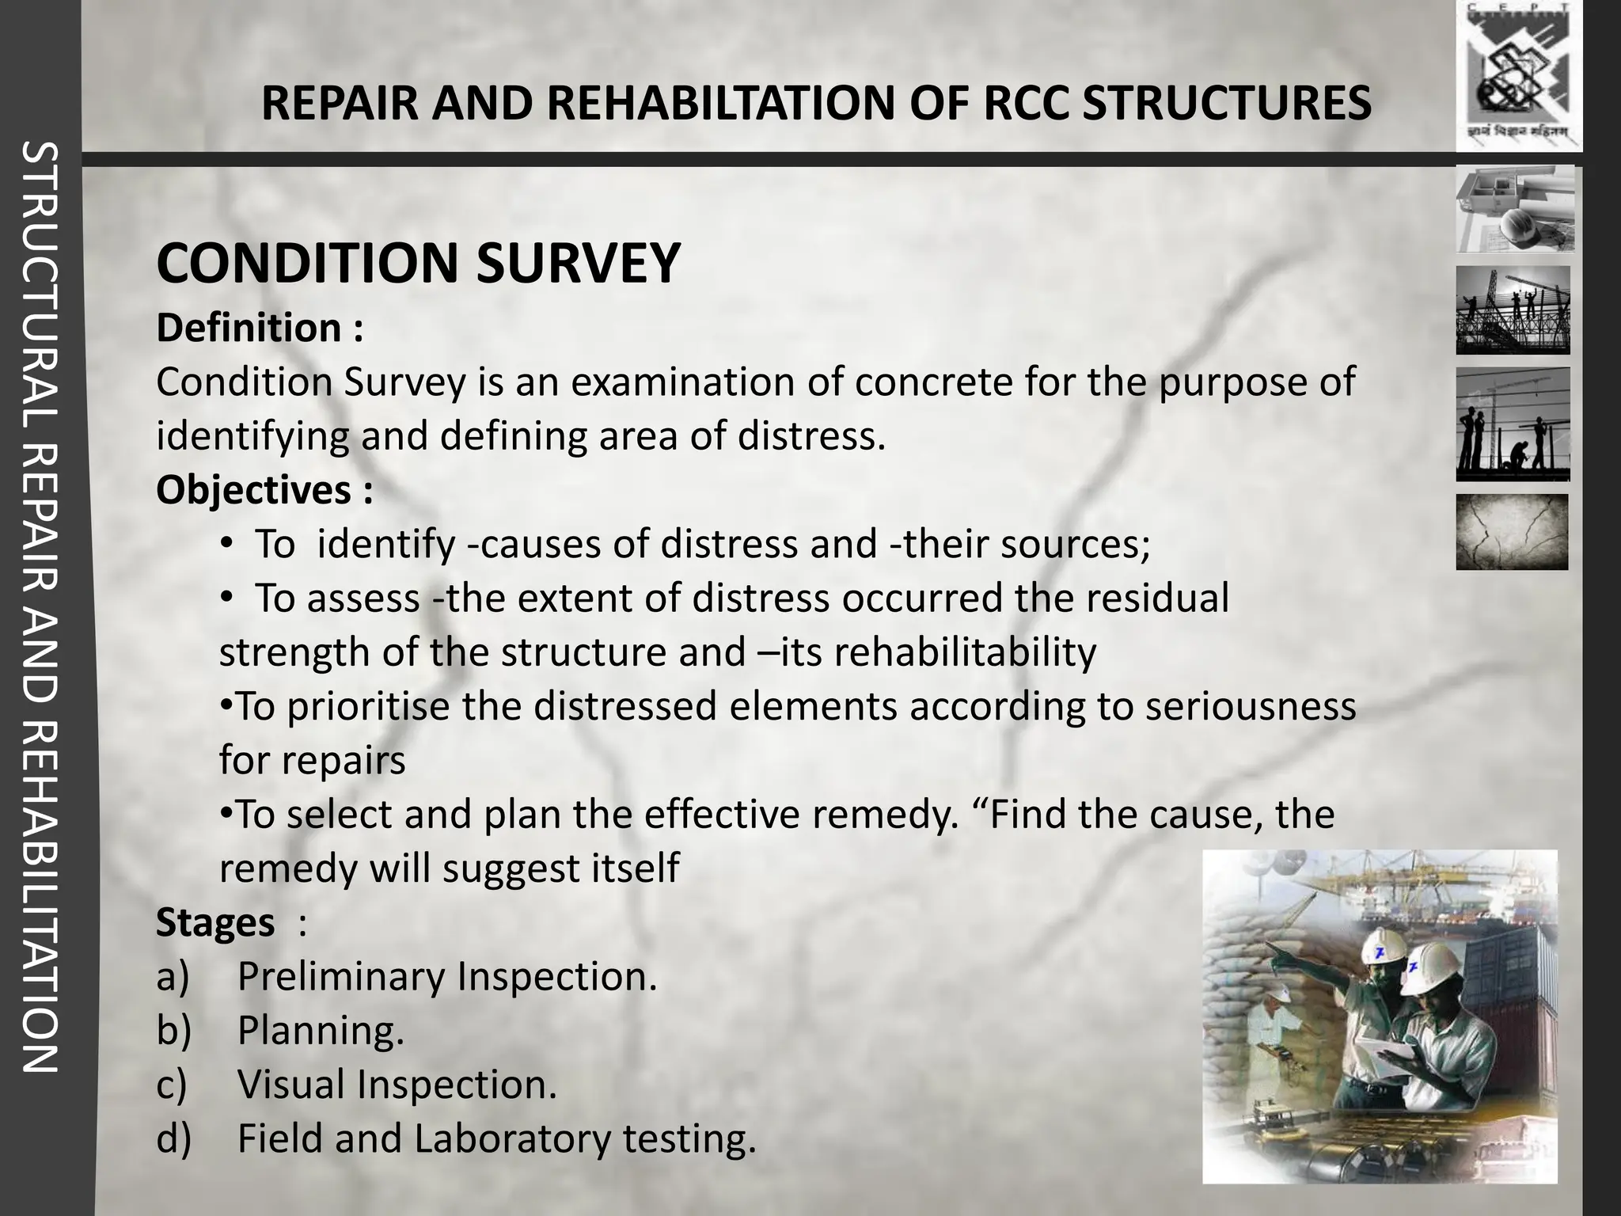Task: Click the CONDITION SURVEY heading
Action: pyautogui.click(x=418, y=264)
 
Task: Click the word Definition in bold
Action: pyautogui.click(x=249, y=328)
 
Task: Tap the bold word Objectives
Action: pyautogui.click(x=253, y=490)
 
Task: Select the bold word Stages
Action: pyautogui.click(x=215, y=922)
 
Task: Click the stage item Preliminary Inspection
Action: pyautogui.click(x=447, y=977)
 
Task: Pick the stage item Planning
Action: pyautogui.click(x=321, y=1031)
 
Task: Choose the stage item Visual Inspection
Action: pyautogui.click(x=397, y=1085)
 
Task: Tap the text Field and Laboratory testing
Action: pyautogui.click(x=496, y=1139)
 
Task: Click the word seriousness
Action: pyautogui.click(x=1251, y=706)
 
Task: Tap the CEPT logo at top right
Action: pyautogui.click(x=1518, y=75)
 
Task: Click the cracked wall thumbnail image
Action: pyautogui.click(x=1512, y=531)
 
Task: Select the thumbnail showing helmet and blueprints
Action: pyautogui.click(x=1515, y=208)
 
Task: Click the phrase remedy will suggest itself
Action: pyautogui.click(x=449, y=868)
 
